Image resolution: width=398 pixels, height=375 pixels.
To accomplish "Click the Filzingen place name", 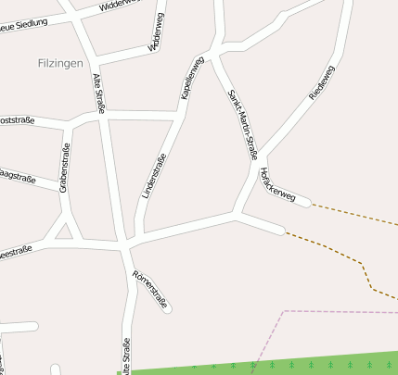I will (60, 63).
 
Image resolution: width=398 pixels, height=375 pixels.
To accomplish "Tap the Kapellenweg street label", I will (192, 78).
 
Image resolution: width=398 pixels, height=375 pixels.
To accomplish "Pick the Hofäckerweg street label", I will (277, 184).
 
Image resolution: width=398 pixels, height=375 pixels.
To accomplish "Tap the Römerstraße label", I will (150, 289).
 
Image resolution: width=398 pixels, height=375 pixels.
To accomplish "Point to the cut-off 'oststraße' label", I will (17, 120).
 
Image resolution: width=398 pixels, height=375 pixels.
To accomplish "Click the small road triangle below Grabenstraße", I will (64, 229).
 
